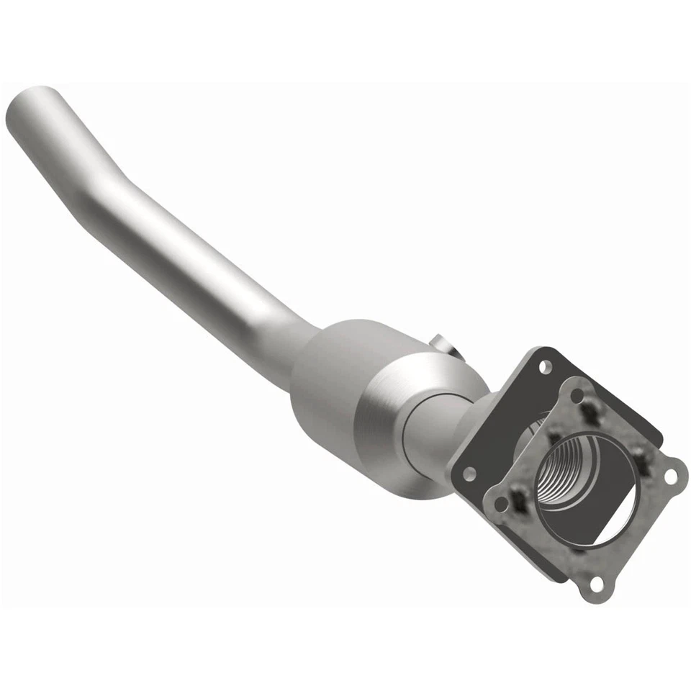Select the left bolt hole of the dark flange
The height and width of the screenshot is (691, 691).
pos(469,474)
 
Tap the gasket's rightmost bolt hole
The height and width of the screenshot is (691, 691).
pos(671,476)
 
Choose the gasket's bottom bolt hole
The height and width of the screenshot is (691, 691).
pos(595,584)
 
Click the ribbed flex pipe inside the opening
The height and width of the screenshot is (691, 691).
pos(569,468)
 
